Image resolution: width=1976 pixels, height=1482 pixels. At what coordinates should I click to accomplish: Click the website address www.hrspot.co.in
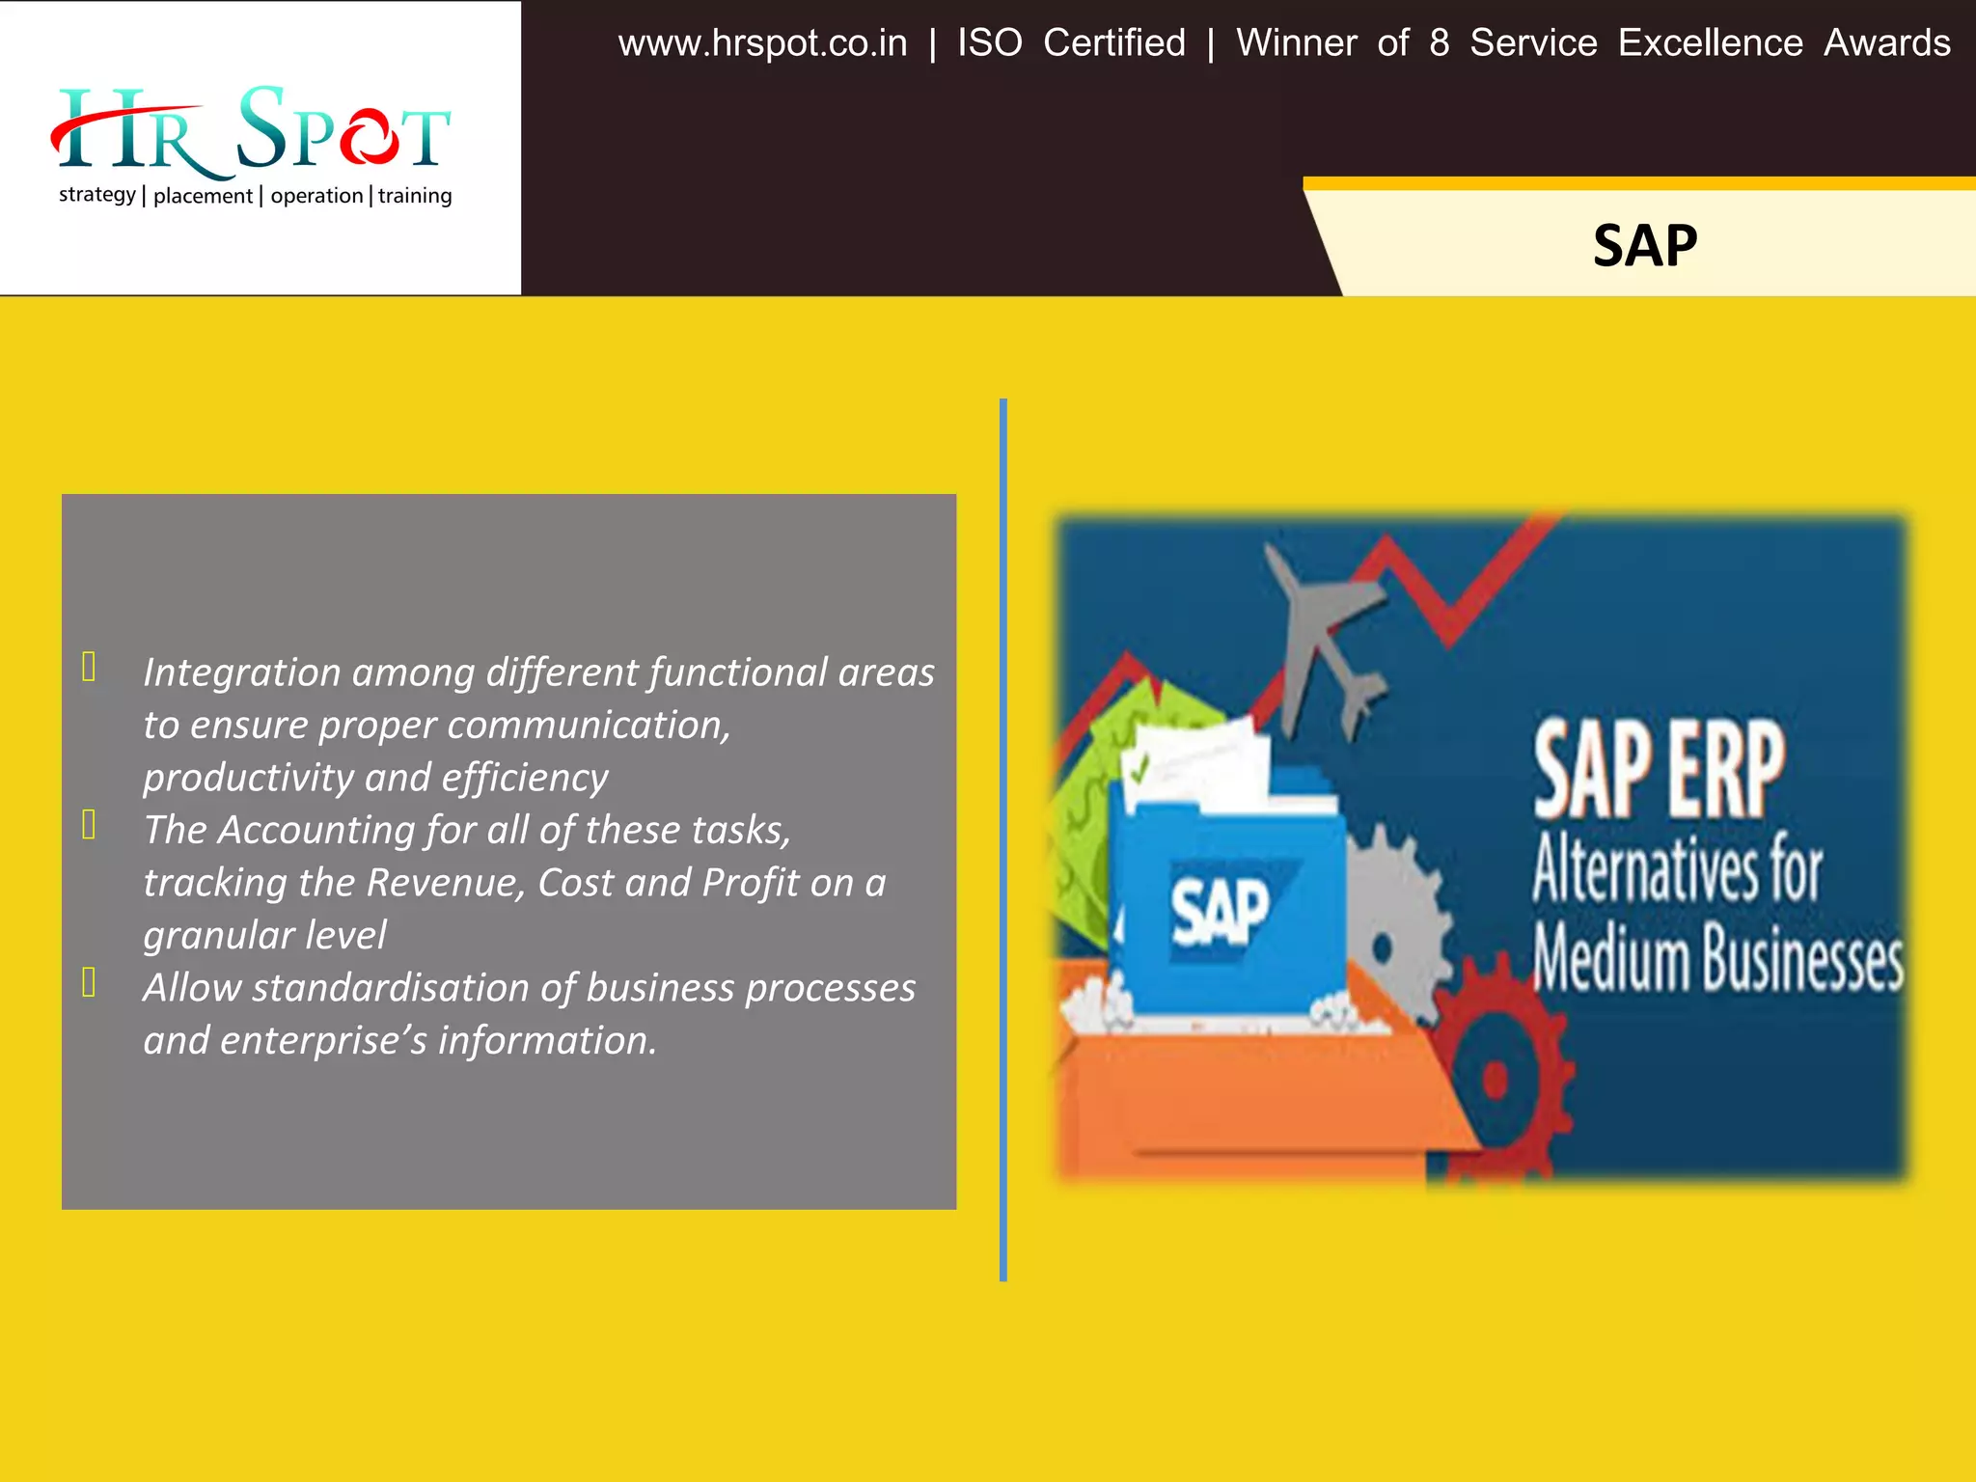pos(762,43)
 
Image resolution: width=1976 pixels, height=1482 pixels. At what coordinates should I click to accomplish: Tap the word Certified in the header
pos(1113,43)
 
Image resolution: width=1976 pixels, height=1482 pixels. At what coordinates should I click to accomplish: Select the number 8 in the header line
pos(1439,43)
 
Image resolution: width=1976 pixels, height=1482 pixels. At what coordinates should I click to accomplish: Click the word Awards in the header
pos(1886,43)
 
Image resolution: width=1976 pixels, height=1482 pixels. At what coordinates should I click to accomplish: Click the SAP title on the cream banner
pos(1644,246)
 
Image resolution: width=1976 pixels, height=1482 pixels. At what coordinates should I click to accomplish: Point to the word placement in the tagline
pos(203,196)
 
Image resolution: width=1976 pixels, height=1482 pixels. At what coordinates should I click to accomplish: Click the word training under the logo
pos(415,196)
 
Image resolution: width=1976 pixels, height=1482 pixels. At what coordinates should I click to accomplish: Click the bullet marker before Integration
pos(89,667)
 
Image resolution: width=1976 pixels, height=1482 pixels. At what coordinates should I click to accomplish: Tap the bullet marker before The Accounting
pos(89,825)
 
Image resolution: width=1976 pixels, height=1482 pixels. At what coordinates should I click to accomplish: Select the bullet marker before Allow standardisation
pos(89,982)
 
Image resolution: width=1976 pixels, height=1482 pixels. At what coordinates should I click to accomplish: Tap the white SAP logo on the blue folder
pos(1221,912)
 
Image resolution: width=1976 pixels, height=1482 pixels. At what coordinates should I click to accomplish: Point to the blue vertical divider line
pos(1003,839)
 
